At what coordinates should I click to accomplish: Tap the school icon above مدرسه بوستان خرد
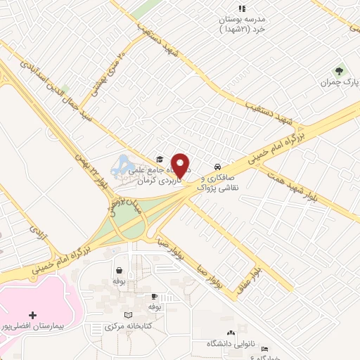[242, 8]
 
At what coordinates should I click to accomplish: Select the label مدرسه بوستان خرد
[242, 24]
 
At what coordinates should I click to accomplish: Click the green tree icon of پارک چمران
[340, 70]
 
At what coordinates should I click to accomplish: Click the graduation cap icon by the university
[160, 159]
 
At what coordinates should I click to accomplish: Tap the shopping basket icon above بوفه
[120, 269]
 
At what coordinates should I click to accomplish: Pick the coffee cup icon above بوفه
[154, 296]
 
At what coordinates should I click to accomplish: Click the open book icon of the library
[127, 314]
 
